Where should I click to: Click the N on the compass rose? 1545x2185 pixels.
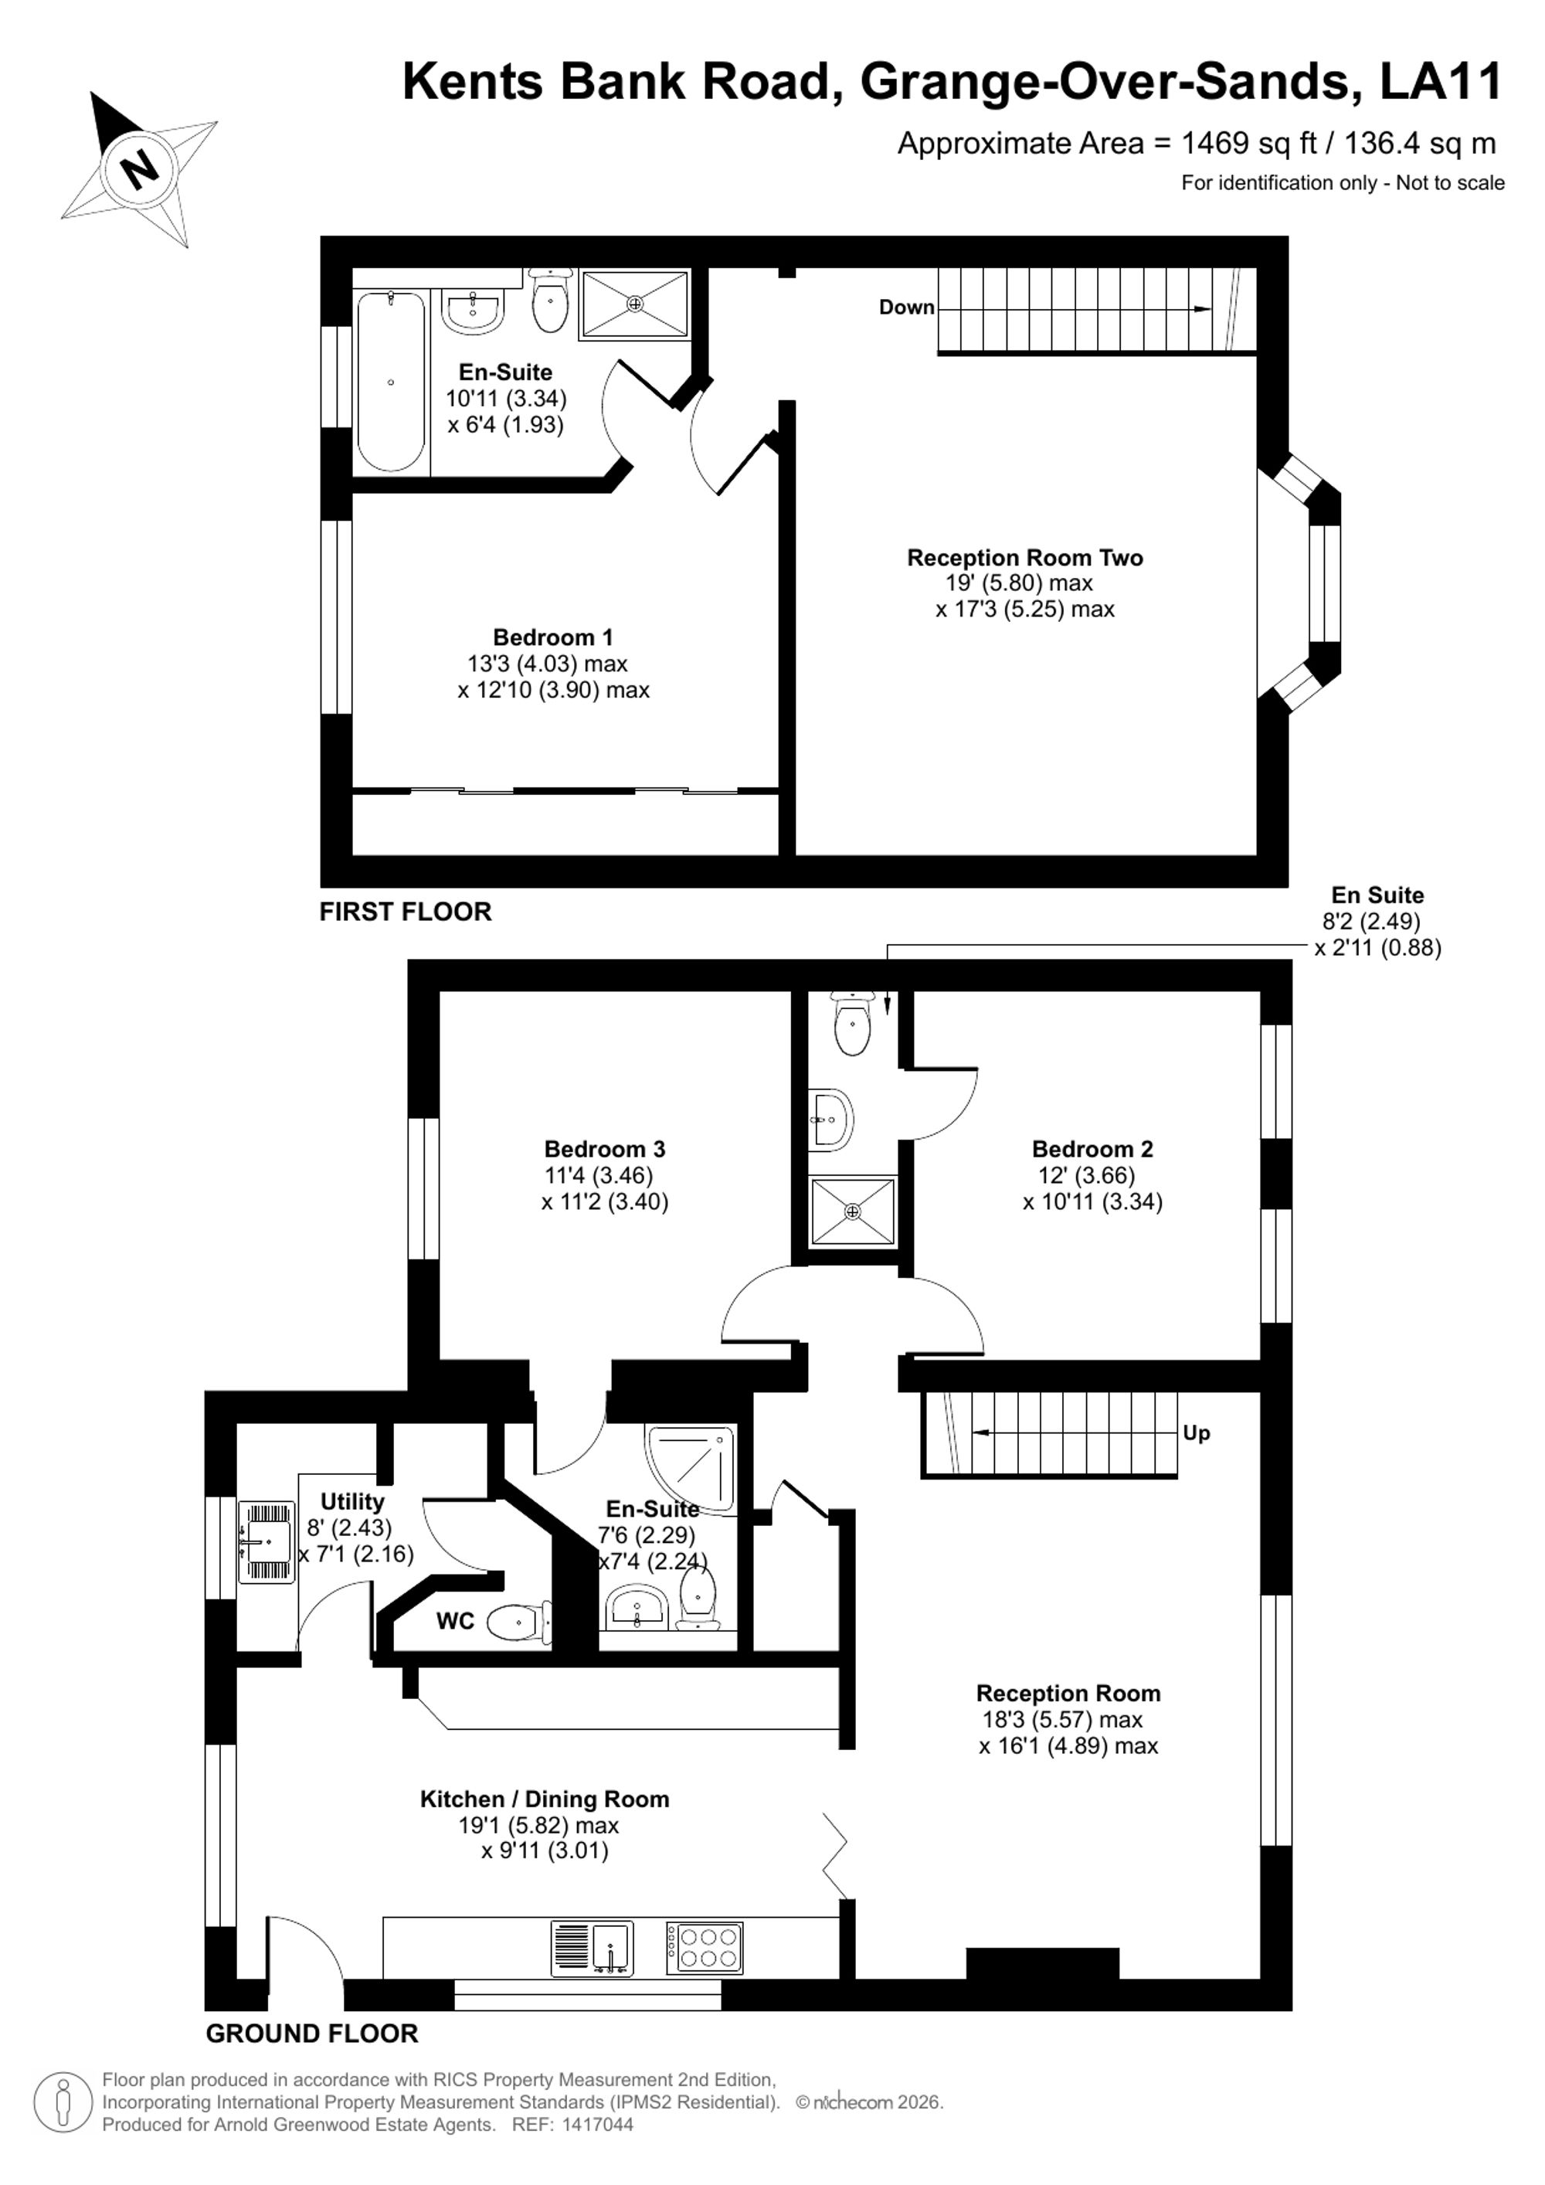click(141, 168)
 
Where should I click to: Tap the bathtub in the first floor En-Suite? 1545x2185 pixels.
click(390, 381)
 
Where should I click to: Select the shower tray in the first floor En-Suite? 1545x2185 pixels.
click(634, 304)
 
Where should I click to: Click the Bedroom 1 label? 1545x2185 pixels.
click(553, 637)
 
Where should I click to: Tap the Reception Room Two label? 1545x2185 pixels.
click(1024, 558)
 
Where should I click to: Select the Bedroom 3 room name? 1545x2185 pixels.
click(604, 1149)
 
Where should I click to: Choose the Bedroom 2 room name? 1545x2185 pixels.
click(1092, 1149)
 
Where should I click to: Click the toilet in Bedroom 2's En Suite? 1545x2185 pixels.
click(852, 1023)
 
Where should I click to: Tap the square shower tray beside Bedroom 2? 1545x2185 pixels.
click(852, 1211)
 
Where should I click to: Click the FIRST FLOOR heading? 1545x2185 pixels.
click(406, 912)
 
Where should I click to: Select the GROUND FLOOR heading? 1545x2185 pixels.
click(312, 2034)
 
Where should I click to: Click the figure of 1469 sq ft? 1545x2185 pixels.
click(1249, 144)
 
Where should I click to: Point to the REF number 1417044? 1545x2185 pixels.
click(597, 2124)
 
